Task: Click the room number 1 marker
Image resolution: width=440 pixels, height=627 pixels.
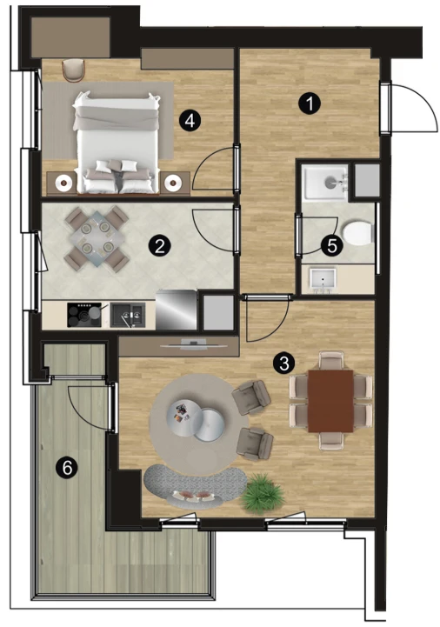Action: pyautogui.click(x=310, y=103)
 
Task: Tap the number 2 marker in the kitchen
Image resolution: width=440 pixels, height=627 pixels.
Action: pyautogui.click(x=160, y=246)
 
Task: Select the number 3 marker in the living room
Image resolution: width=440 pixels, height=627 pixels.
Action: pyautogui.click(x=283, y=364)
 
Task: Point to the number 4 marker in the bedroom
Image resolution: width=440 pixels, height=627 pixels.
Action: pyautogui.click(x=190, y=120)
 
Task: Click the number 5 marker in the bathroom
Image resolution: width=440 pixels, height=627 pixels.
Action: pyautogui.click(x=332, y=245)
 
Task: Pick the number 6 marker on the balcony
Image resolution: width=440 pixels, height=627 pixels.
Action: pyautogui.click(x=67, y=467)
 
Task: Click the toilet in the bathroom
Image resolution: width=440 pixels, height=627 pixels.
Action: pyautogui.click(x=358, y=234)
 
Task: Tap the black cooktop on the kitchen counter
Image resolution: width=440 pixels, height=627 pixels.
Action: pyautogui.click(x=84, y=315)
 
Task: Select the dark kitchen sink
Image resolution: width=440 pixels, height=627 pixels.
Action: pyautogui.click(x=127, y=315)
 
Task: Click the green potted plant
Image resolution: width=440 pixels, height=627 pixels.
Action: pyautogui.click(x=263, y=492)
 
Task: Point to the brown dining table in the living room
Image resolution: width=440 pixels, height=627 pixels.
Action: pyautogui.click(x=330, y=401)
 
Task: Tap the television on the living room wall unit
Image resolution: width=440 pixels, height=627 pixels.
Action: pyautogui.click(x=189, y=346)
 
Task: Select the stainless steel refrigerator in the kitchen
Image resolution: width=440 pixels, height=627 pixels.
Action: pyautogui.click(x=176, y=310)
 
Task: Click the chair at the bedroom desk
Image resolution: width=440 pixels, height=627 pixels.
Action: pyautogui.click(x=75, y=70)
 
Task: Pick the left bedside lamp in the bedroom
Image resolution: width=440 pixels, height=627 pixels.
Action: pyautogui.click(x=63, y=183)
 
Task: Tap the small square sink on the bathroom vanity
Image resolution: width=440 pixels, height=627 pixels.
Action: pyautogui.click(x=323, y=277)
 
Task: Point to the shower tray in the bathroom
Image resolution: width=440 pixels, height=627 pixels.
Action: pyautogui.click(x=325, y=183)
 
